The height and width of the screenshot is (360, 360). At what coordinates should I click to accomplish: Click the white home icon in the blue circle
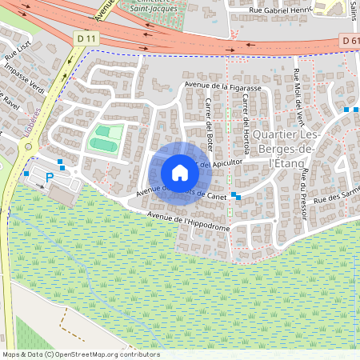[x=180, y=173]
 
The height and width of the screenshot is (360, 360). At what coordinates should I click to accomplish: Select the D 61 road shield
[x=349, y=40]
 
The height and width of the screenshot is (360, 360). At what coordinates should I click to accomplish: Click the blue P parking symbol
[x=49, y=178]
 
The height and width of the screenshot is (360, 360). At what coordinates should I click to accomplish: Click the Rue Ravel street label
[x=11, y=106]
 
